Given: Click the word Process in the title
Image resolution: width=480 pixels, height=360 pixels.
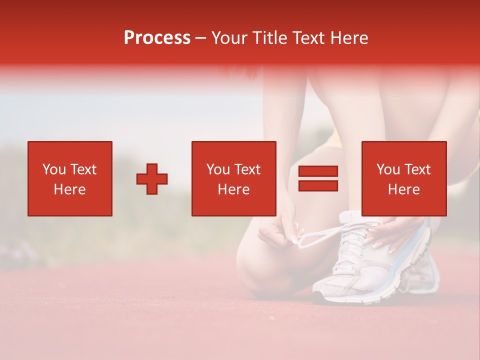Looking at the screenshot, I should coord(157,38).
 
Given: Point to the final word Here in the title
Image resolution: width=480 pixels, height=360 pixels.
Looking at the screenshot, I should coord(349,38).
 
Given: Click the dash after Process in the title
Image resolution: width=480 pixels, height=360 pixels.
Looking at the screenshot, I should coord(201,38).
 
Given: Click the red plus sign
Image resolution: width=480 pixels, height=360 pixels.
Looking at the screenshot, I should coord(152,179).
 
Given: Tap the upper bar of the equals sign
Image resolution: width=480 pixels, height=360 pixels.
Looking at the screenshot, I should coord(318,171).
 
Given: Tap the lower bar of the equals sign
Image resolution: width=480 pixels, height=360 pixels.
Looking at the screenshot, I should coord(318,185).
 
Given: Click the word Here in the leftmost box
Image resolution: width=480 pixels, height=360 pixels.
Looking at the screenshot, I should coord(69,189).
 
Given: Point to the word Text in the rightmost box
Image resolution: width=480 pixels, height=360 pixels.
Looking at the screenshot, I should coord(417,169).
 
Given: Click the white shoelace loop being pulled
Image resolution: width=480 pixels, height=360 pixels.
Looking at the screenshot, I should coord(320,238).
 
